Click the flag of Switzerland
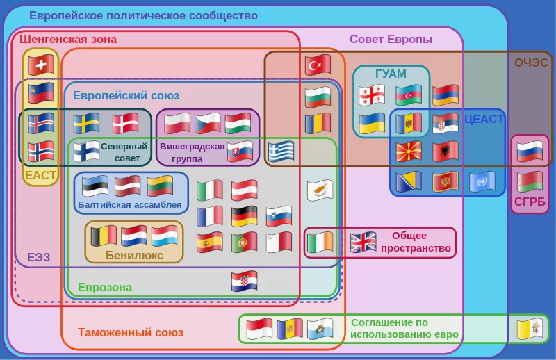[x=41, y=65]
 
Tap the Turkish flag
[x=318, y=65]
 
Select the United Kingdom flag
[x=362, y=242]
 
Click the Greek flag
[x=282, y=151]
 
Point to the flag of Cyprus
[x=320, y=189]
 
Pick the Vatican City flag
[x=529, y=328]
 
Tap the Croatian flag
[x=245, y=281]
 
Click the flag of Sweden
[x=87, y=123]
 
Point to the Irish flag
[x=320, y=242]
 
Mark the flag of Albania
[x=445, y=151]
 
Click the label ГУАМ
[x=391, y=74]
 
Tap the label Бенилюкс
[x=134, y=255]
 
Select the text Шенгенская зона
[x=68, y=40]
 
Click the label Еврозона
[x=105, y=288]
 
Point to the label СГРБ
[x=530, y=203]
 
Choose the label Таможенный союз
[x=131, y=333]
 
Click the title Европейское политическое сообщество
[x=143, y=16]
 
